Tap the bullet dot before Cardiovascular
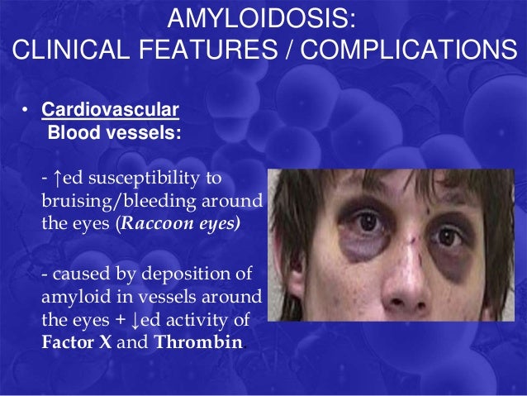point(26,111)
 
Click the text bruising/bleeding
point(116,202)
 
